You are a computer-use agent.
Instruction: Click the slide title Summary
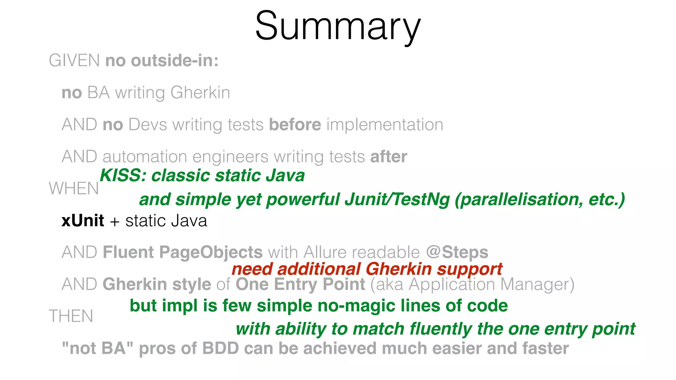pyautogui.click(x=338, y=26)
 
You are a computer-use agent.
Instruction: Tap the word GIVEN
pyautogui.click(x=74, y=61)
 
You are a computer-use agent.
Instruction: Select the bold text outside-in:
pyautogui.click(x=175, y=61)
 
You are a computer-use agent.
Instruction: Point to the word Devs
pyautogui.click(x=148, y=125)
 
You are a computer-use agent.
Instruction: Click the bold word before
pyautogui.click(x=295, y=125)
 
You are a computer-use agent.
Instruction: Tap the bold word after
pyautogui.click(x=389, y=157)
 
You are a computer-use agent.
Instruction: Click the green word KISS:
pyautogui.click(x=123, y=175)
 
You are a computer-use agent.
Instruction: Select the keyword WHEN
pyautogui.click(x=74, y=189)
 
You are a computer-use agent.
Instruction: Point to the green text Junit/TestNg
pyautogui.click(x=397, y=200)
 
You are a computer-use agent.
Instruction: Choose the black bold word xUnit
pyautogui.click(x=83, y=221)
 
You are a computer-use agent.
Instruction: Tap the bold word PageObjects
pyautogui.click(x=211, y=252)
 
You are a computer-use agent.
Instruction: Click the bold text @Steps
pyautogui.click(x=457, y=252)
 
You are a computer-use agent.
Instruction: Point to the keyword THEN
pyautogui.click(x=71, y=316)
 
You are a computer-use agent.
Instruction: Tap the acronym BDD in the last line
pyautogui.click(x=220, y=349)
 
